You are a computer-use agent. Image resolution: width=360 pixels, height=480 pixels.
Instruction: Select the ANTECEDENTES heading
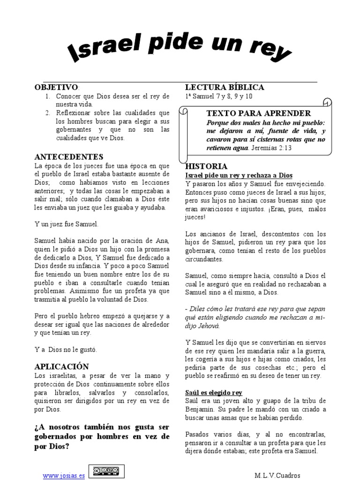click(69, 157)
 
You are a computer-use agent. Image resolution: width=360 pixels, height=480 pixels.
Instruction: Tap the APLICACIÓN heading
click(62, 367)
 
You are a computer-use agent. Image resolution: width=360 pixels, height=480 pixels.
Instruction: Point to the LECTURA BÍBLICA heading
click(225, 87)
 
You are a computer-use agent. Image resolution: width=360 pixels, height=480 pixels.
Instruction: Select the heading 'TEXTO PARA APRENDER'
click(258, 113)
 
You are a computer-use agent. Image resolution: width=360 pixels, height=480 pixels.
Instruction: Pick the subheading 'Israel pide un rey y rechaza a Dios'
click(239, 175)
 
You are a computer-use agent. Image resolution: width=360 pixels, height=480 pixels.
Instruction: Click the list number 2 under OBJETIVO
click(48, 113)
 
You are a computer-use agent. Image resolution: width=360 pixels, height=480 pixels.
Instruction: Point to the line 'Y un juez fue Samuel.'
click(67, 224)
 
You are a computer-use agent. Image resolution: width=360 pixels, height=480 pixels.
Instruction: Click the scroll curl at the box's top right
click(328, 103)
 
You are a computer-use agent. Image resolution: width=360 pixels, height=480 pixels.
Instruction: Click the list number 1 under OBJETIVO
click(48, 96)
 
